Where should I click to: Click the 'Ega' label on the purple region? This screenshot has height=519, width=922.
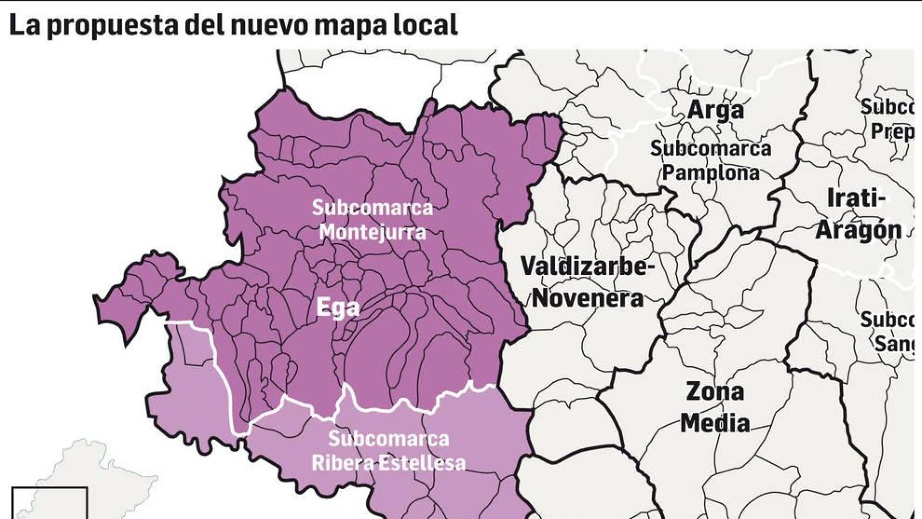(x=338, y=308)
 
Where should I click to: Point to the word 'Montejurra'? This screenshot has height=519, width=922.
(x=373, y=233)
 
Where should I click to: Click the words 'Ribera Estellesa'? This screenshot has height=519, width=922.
(x=388, y=463)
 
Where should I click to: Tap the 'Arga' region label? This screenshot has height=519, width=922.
(x=716, y=110)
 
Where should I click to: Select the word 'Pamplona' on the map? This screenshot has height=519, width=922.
(x=711, y=173)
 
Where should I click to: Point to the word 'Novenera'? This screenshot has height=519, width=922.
(x=587, y=298)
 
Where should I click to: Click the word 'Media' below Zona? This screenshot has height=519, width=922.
(x=715, y=423)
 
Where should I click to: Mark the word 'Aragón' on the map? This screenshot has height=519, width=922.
(x=859, y=230)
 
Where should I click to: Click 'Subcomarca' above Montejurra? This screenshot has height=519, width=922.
(x=373, y=208)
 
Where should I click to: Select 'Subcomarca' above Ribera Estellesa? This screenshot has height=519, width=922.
(x=388, y=439)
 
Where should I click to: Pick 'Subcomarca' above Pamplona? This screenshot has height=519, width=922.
(x=711, y=148)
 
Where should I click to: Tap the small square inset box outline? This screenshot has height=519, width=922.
(x=50, y=489)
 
